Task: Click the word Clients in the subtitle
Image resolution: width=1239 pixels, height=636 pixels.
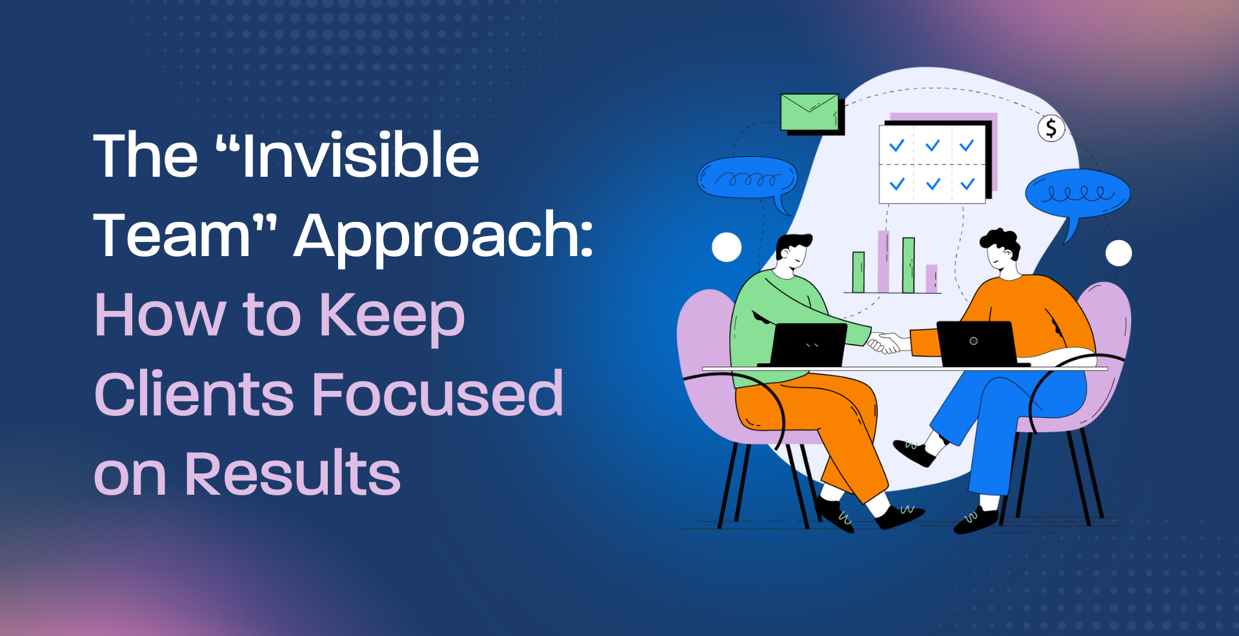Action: tap(194, 393)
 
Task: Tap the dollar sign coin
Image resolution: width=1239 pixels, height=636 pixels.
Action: tap(1051, 128)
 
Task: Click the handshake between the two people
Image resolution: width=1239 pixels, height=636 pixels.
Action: tap(885, 343)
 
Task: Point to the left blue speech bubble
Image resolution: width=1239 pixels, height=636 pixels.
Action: tap(747, 179)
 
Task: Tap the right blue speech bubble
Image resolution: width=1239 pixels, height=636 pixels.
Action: tap(1078, 195)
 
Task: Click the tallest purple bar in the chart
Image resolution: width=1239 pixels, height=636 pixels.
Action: tap(883, 262)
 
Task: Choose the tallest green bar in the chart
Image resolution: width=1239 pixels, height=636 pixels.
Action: tap(908, 265)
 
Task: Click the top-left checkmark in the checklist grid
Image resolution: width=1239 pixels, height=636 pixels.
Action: tap(896, 146)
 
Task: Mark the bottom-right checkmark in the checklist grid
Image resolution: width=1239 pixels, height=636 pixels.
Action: tap(967, 184)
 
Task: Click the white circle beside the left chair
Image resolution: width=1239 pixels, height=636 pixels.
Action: tap(727, 247)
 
